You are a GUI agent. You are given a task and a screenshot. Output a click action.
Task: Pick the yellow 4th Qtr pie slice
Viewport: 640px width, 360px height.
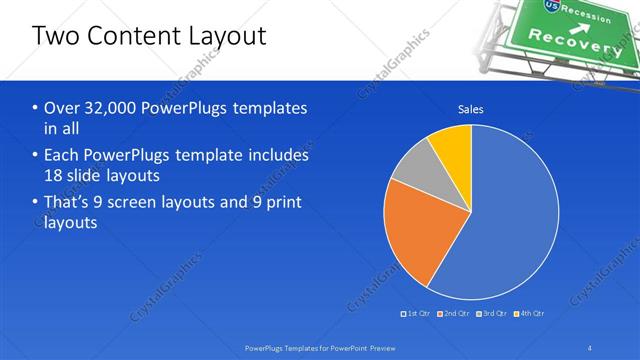[451, 145]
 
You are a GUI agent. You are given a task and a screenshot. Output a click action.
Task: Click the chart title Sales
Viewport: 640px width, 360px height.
[471, 109]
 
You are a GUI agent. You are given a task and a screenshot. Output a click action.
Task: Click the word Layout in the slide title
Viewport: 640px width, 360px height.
[226, 37]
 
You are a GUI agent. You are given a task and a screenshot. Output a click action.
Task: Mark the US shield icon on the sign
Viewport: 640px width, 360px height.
[550, 6]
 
